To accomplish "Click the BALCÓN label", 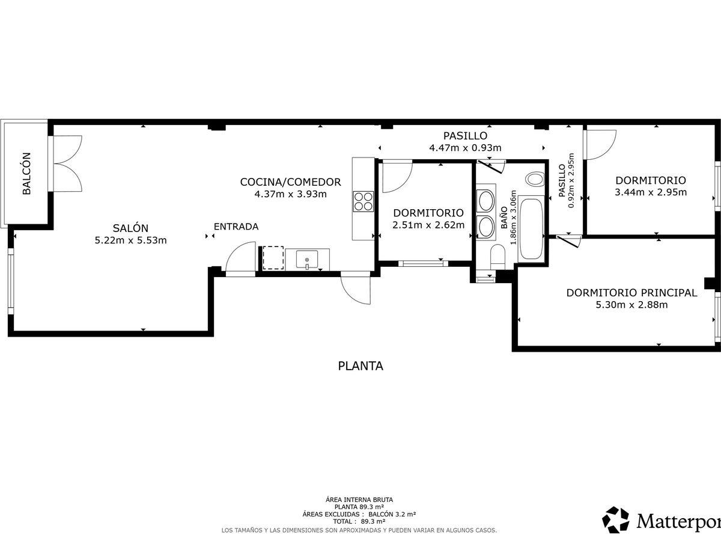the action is (26, 174).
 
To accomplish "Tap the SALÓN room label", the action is (130, 228).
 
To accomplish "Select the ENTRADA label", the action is (236, 227).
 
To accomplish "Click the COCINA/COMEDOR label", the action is (290, 182).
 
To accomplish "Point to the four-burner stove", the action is (364, 201).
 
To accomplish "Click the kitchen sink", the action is (307, 260).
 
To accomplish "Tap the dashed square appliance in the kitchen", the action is (273, 258).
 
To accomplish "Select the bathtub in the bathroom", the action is (531, 228).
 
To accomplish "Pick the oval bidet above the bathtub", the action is (535, 179).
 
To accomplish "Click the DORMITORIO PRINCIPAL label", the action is (631, 293).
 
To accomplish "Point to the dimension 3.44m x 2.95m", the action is (651, 192).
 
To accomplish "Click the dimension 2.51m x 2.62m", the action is (428, 225).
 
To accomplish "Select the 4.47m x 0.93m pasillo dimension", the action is (465, 148).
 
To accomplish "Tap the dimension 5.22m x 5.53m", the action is (131, 240).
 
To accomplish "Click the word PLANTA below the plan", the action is (360, 366).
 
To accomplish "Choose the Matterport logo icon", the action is (616, 520).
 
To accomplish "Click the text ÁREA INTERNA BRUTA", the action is (359, 500).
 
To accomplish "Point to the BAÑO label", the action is (504, 218).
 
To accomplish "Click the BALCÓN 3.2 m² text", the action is (392, 515).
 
